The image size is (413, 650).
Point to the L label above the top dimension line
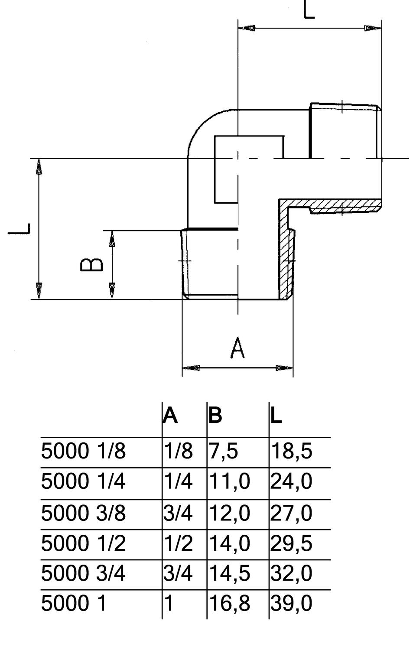click(309, 10)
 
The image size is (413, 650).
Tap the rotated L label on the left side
click(20, 228)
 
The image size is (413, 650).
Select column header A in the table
click(170, 416)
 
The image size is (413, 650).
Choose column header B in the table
click(215, 416)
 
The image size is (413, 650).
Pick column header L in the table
click(276, 416)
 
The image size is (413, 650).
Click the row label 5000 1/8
click(83, 452)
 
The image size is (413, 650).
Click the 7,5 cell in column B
click(223, 452)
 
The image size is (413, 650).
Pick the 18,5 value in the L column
click(291, 452)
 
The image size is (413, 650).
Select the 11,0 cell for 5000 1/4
click(229, 482)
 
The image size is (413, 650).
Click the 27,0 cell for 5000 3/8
click(291, 513)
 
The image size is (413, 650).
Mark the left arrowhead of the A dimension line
click(191, 368)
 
